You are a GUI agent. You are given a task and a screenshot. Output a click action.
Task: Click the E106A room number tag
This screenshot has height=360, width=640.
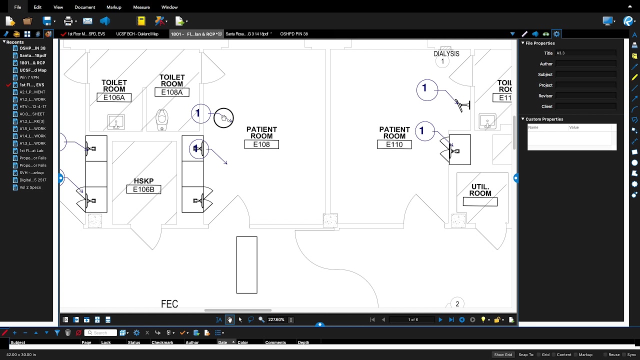point(114,97)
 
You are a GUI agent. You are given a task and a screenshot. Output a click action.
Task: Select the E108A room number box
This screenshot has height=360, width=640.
point(171,92)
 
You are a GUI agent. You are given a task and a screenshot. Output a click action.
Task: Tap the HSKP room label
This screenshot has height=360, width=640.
point(143,181)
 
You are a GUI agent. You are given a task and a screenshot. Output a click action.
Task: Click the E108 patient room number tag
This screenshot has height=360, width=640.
point(261,144)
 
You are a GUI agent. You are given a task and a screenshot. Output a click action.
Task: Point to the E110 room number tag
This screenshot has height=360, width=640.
point(394,144)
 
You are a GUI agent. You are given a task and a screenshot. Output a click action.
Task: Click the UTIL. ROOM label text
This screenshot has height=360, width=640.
point(480,190)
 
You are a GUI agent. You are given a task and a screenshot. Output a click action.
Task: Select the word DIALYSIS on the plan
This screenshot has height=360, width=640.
point(446,53)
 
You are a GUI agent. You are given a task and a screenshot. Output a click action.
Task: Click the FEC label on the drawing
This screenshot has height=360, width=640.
point(169,304)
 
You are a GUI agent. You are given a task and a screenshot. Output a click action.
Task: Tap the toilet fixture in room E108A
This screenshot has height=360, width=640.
point(162,118)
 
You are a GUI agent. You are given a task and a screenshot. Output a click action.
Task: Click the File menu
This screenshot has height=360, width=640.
point(17,7)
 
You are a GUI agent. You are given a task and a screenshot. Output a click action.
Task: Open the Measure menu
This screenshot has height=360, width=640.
point(141,7)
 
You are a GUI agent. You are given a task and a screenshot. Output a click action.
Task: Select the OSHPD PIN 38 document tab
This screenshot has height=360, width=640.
point(294,34)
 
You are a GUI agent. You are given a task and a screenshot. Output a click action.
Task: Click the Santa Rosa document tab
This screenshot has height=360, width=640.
point(247,34)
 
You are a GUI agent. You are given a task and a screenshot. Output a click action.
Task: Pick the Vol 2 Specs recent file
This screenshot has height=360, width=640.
point(30,187)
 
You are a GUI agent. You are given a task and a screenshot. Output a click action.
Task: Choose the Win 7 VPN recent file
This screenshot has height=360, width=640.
point(29,77)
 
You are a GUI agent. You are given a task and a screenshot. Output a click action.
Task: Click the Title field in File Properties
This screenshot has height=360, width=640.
point(585,53)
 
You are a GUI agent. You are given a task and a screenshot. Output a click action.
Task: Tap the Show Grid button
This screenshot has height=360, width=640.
point(503,354)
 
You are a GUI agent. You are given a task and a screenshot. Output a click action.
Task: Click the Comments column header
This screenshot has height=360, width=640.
point(275,342)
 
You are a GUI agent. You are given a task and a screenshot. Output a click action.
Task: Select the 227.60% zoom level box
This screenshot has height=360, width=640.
point(276,319)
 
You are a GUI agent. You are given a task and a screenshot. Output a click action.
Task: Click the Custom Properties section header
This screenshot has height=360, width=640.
point(544,119)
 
